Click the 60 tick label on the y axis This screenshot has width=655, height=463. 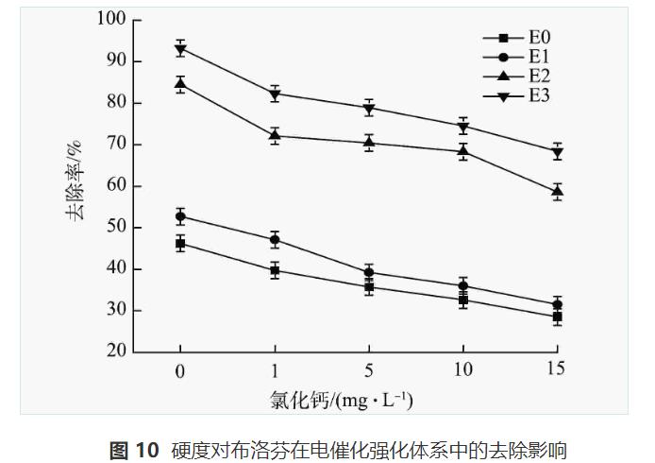tap(115, 186)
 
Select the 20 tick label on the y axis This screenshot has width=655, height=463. tap(115, 352)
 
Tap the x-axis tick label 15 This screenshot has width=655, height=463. tap(556, 369)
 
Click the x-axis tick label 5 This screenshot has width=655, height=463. tap(369, 369)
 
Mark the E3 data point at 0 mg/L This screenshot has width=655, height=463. tap(180, 49)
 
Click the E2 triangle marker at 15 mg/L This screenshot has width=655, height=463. tap(557, 191)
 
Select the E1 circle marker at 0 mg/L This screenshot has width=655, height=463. tap(180, 216)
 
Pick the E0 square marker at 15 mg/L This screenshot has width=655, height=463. tap(557, 317)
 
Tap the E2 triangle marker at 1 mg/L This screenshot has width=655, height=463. tap(275, 135)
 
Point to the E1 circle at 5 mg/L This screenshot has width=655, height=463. tap(369, 272)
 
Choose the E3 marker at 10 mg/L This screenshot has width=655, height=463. tap(463, 127)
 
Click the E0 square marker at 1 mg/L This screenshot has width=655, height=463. tap(275, 270)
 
